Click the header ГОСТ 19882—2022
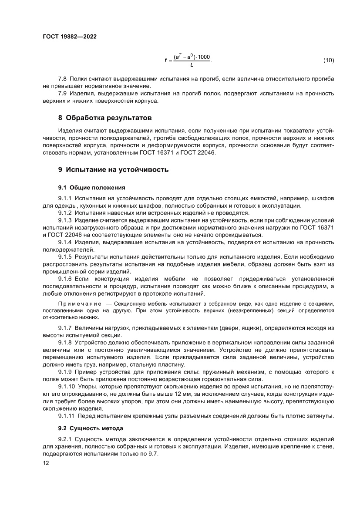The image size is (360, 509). click(x=70, y=37)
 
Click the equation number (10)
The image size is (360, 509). click(x=328, y=60)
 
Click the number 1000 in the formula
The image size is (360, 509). click(x=204, y=57)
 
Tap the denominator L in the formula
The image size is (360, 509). click(x=192, y=65)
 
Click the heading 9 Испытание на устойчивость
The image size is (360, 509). click(x=113, y=169)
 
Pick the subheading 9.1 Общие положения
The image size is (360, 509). click(x=91, y=187)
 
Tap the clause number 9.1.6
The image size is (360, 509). click(x=65, y=278)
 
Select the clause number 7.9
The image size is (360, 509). click(x=63, y=94)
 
